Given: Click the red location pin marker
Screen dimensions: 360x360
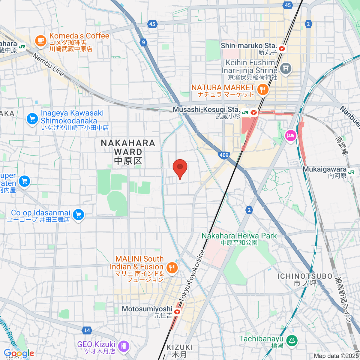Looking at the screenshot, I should coord(180,168).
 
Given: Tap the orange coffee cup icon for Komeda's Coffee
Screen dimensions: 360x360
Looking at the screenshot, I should coord(40,40).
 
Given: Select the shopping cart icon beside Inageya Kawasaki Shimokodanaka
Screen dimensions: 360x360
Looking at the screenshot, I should coord(32,119).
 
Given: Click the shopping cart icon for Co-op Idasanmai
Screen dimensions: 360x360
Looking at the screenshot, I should coord(79,214).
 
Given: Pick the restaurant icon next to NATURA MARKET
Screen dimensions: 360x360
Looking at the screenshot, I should coord(263,89).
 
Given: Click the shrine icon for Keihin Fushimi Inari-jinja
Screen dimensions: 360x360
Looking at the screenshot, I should coord(285,68).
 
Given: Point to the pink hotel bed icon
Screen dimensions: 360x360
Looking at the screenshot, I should coord(291,136).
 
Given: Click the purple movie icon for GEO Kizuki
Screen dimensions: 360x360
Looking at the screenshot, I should coord(123,346).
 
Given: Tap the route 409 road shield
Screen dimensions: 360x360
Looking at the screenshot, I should coord(224,155).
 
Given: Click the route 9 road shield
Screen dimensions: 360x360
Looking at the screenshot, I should coord(143,42).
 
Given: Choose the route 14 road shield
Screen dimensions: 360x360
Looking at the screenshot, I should coord(87,330).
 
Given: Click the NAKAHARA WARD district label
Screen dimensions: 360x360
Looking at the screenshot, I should coord(128,152).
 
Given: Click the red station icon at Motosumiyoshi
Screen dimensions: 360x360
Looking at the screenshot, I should coord(177,312).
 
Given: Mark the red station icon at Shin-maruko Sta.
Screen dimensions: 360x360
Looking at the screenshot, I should coord(281,48).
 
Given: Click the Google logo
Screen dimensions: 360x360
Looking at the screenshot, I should coord(19,353).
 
